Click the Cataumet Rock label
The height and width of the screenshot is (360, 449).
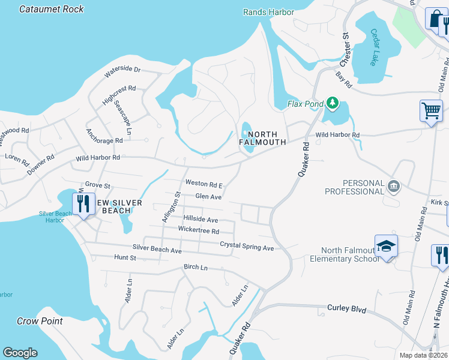point(52,9)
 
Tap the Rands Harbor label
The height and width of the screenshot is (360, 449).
point(268,12)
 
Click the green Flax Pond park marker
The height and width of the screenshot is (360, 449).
point(332,104)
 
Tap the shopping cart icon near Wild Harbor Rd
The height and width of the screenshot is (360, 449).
point(431,111)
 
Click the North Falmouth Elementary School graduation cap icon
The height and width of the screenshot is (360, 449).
point(386,246)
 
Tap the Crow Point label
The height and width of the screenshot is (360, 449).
point(40,321)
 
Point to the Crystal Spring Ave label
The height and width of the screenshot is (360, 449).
point(247,247)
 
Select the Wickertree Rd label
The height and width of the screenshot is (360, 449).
point(198,230)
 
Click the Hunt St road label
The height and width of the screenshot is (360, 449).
point(125,257)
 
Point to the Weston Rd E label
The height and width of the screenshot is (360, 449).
point(204,184)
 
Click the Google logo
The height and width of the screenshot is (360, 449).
point(20,353)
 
